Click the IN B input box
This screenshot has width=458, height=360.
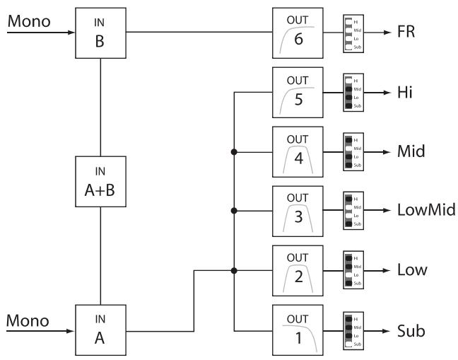click(101, 33)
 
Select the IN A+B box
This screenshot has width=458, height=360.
click(101, 182)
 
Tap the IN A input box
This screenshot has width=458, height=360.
click(101, 330)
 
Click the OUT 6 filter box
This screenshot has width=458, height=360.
click(297, 33)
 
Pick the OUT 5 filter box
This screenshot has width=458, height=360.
click(297, 92)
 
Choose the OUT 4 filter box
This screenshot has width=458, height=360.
click(297, 151)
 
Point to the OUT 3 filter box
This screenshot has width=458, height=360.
click(297, 211)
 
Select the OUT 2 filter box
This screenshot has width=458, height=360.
click(297, 270)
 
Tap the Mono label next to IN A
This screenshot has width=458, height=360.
click(28, 320)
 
